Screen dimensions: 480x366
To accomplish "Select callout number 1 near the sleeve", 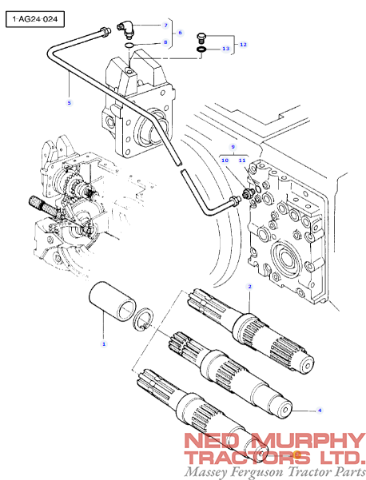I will coord(102,343).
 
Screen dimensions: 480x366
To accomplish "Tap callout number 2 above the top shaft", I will coord(250,286).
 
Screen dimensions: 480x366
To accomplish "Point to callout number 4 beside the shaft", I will coord(320,410).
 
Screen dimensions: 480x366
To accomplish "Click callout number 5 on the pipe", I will coord(69,103).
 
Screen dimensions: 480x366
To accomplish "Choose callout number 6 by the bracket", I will coord(181,34).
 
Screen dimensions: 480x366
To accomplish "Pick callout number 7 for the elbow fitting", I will coord(165,26).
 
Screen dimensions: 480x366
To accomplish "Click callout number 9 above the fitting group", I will coord(233,148).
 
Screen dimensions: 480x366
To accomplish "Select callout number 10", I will coord(225,161).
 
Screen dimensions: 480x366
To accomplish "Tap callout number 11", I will coord(241,161).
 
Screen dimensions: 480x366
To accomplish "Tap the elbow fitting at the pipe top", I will coord(127,30).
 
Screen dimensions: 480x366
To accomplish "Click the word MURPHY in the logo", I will coord(304,441).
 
